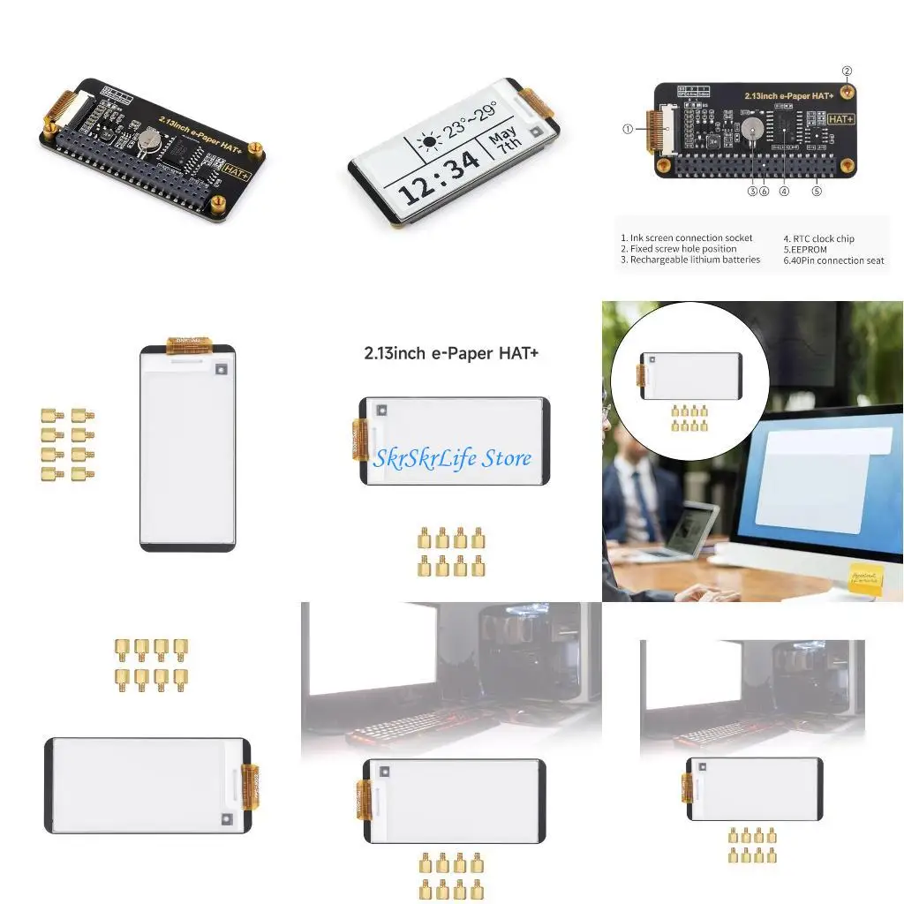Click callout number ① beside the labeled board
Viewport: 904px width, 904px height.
[628, 128]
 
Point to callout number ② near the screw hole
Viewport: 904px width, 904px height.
[847, 71]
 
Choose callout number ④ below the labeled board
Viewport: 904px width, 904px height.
[784, 190]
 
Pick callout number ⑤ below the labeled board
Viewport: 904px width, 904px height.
[817, 190]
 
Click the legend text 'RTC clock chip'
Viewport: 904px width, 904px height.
[824, 238]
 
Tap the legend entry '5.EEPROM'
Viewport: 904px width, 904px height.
[805, 250]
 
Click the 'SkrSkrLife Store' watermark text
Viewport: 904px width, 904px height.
[452, 458]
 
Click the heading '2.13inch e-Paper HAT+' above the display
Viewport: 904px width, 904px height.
[451, 353]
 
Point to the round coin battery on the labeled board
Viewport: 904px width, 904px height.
[752, 129]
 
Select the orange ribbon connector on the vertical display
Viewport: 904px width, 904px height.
[189, 342]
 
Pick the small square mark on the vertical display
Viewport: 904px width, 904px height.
[221, 371]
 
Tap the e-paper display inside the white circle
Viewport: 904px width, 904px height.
[690, 374]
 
